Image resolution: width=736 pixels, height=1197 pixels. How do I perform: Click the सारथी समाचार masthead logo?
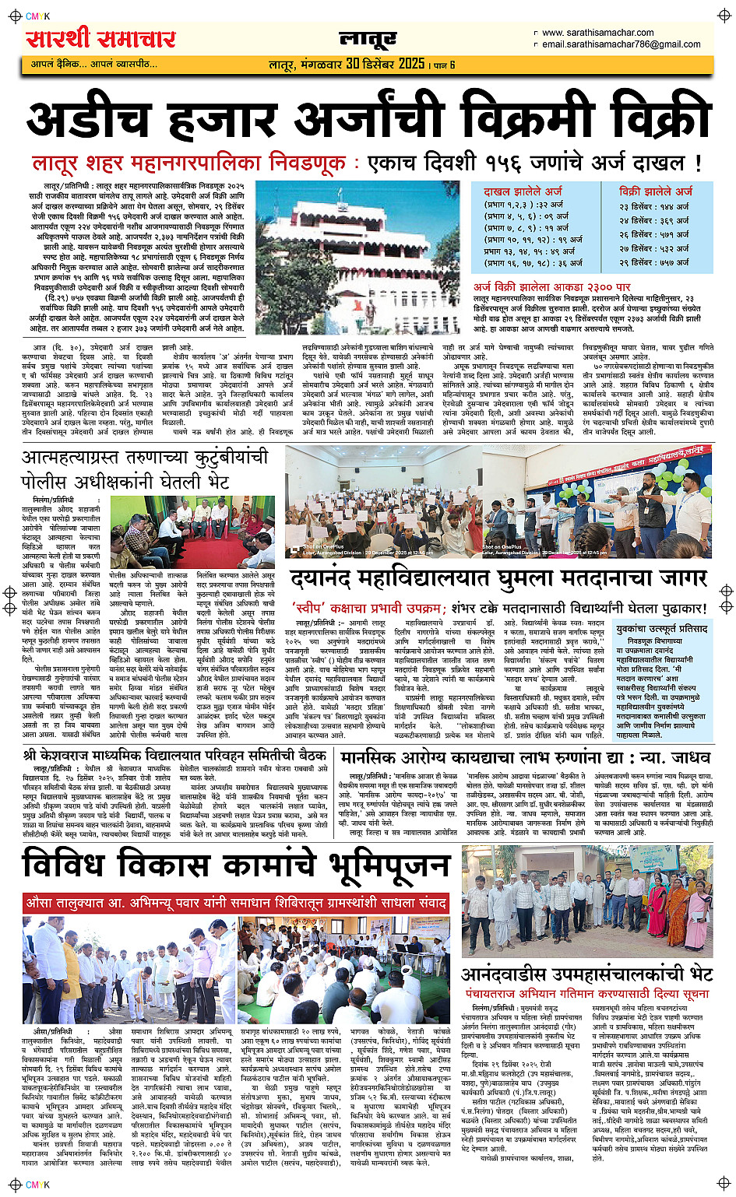tap(101, 38)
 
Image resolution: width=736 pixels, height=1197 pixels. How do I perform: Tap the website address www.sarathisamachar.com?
tap(597, 33)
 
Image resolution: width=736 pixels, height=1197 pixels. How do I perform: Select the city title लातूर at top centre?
tap(368, 39)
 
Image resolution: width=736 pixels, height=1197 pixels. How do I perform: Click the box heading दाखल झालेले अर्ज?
tap(523, 191)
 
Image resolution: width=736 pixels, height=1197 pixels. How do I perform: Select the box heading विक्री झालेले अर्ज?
tap(656, 191)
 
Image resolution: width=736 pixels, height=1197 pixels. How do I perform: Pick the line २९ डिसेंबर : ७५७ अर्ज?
tap(654, 262)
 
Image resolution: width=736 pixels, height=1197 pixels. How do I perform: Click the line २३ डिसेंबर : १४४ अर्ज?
tap(654, 206)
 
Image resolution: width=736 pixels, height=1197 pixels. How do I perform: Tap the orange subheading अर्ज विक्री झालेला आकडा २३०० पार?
tap(552, 287)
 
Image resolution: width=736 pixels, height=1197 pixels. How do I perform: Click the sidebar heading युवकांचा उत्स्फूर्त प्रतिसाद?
tap(661, 628)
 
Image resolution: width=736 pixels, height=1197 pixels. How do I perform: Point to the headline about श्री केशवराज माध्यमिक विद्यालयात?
tap(175, 755)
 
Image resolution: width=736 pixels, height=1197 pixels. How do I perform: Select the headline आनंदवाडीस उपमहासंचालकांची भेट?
tap(587, 974)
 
